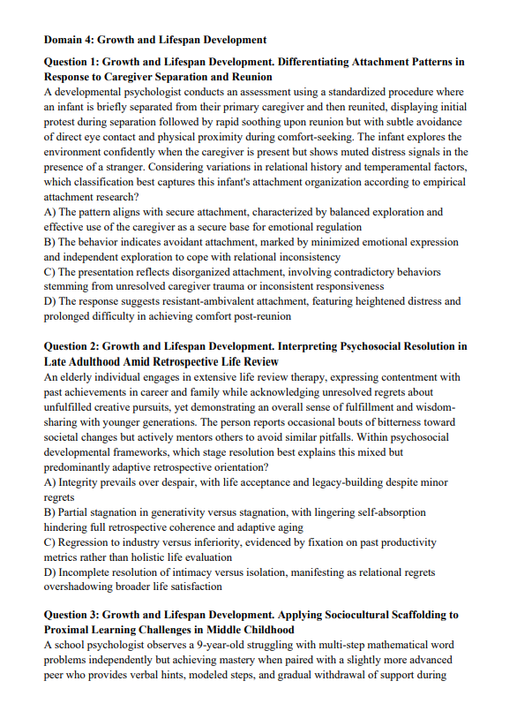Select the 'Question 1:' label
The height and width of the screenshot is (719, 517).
pos(71,63)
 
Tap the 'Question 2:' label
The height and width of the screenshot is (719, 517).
pos(71,346)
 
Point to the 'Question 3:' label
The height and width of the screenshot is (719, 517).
pos(71,616)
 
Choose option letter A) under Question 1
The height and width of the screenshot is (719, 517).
pos(49,213)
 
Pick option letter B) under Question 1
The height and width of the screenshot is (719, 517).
pos(49,243)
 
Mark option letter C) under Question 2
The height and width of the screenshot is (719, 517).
pos(49,542)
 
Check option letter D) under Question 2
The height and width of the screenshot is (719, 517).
pos(49,572)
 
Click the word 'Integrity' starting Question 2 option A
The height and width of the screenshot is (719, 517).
pos(79,482)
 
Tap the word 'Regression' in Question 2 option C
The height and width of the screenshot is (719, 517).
pos(86,542)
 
